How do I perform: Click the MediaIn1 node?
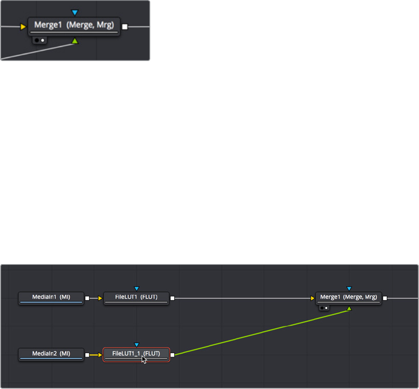click(x=51, y=297)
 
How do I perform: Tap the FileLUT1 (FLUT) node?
click(x=136, y=297)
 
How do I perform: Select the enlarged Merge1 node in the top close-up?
click(x=74, y=26)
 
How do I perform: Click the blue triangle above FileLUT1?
click(x=136, y=288)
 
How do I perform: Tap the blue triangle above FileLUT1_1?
click(x=136, y=344)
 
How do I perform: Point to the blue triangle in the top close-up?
click(x=75, y=12)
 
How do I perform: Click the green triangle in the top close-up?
click(x=75, y=41)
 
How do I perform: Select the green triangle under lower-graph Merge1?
click(x=349, y=308)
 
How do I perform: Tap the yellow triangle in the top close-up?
click(x=23, y=26)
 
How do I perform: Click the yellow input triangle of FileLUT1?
click(x=100, y=298)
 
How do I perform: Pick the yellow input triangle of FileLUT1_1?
click(x=100, y=355)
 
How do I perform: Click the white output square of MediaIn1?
click(x=87, y=298)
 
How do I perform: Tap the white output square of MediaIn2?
click(x=87, y=355)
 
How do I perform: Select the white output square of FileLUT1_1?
click(x=173, y=355)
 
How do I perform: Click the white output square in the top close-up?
click(x=125, y=26)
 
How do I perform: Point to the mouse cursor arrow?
click(x=144, y=361)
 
